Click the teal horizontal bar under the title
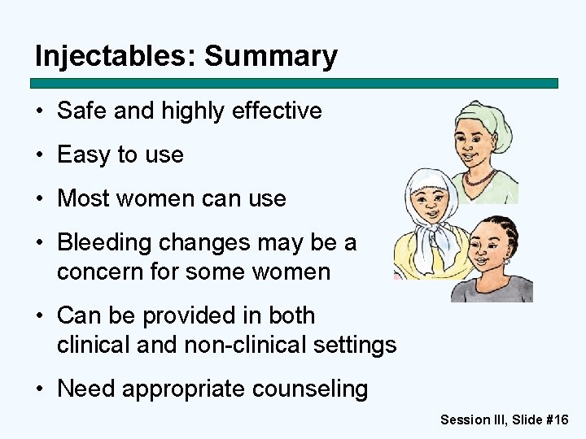pos(294,83)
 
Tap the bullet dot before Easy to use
pos(40,155)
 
